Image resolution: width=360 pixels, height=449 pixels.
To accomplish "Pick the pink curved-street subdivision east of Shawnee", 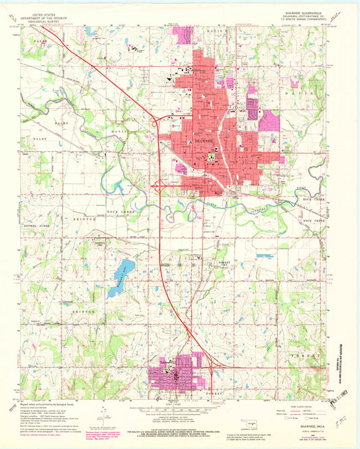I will [268, 120].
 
